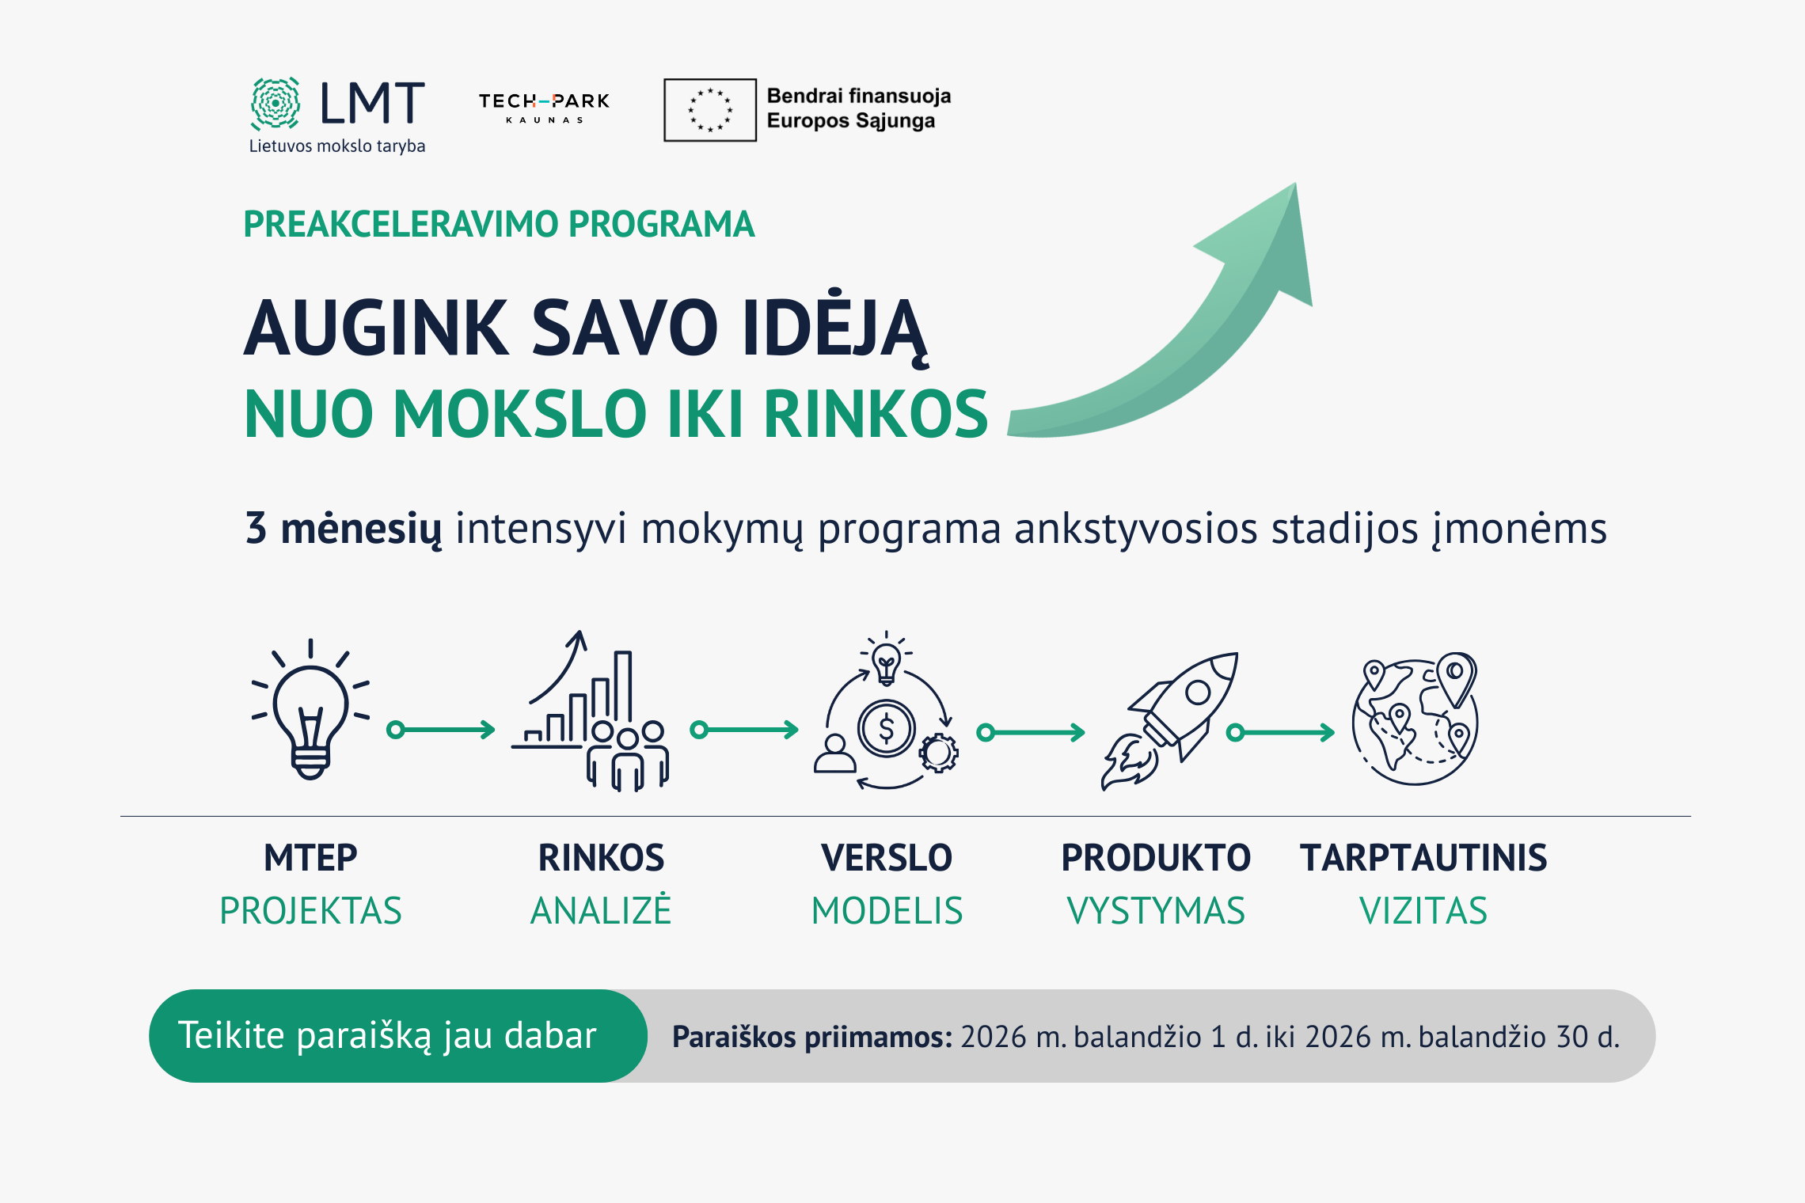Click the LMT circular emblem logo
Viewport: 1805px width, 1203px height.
pyautogui.click(x=275, y=103)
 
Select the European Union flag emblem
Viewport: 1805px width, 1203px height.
pyautogui.click(x=710, y=110)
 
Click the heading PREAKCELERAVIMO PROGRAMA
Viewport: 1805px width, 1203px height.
pyautogui.click(x=499, y=224)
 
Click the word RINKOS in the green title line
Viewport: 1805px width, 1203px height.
pyautogui.click(x=876, y=413)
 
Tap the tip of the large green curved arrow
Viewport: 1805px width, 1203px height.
pyautogui.click(x=1296, y=184)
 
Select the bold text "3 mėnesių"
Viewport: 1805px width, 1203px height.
pyautogui.click(x=344, y=529)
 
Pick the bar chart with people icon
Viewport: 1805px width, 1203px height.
pyautogui.click(x=591, y=711)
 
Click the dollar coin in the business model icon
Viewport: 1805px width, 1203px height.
pyautogui.click(x=887, y=728)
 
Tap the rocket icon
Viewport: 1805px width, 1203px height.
pyautogui.click(x=1169, y=720)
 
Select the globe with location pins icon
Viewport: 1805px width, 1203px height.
pyautogui.click(x=1415, y=719)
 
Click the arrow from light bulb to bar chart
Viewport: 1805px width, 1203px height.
pyautogui.click(x=440, y=730)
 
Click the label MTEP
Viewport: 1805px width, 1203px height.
pyautogui.click(x=310, y=858)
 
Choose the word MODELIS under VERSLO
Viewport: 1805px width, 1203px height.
pyautogui.click(x=887, y=911)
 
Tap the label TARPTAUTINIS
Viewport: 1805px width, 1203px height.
pyautogui.click(x=1423, y=858)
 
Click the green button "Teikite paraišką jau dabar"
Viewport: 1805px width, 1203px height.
pyautogui.click(x=398, y=1036)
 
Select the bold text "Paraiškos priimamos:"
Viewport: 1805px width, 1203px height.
pyautogui.click(x=812, y=1037)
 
